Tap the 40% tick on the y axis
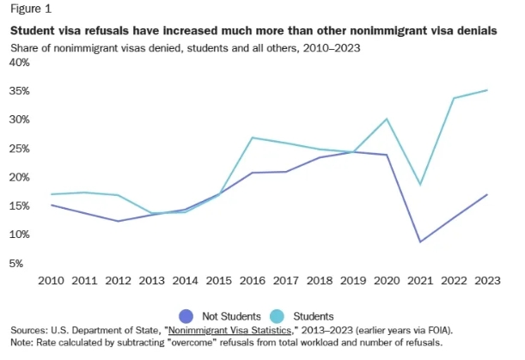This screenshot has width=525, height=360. [20, 62]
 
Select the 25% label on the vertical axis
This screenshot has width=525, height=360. [20, 149]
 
